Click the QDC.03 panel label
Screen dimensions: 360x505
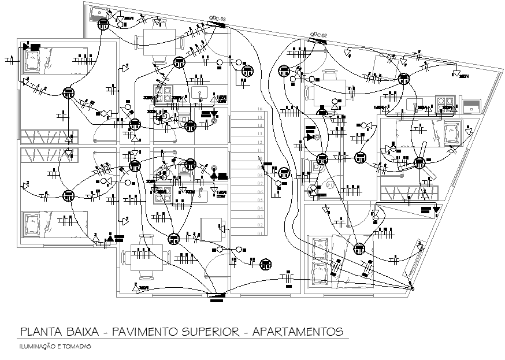[x=217, y=20]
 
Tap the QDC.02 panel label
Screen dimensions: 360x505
[x=318, y=36]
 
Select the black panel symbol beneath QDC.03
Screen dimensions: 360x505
[x=214, y=25]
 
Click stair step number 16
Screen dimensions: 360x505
[x=261, y=109]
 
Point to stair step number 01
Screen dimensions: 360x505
[x=261, y=233]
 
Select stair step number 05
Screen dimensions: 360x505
[x=261, y=200]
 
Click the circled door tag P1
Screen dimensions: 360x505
[x=329, y=184]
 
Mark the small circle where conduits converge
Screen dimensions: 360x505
[x=412, y=288]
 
